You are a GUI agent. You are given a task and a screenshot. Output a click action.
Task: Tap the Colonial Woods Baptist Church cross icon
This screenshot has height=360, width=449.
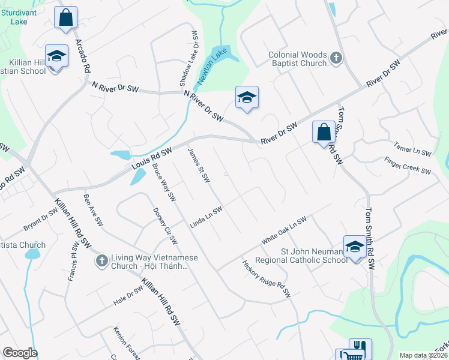pos(336,58)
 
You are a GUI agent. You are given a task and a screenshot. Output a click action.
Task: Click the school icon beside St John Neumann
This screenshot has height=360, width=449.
pos(355,247)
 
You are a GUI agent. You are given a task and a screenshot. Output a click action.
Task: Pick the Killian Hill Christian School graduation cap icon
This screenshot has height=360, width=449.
pos(56,56)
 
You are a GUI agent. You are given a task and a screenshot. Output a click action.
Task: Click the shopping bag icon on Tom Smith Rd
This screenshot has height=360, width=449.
pos(324,131)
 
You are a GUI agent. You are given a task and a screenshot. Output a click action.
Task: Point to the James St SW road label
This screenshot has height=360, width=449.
pos(199,166)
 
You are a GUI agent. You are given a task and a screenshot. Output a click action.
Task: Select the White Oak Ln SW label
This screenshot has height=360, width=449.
pos(284,230)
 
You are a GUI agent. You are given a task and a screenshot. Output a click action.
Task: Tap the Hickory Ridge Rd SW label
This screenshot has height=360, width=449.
pos(267,278)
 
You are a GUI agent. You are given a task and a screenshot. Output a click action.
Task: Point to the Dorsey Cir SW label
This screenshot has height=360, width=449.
pos(165,226)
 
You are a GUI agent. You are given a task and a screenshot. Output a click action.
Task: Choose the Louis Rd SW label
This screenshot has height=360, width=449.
pos(152,157)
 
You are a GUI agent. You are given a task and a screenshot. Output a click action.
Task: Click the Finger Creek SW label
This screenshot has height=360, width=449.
pos(408,166)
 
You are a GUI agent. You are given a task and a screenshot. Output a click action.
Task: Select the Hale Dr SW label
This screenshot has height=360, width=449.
pos(128,296)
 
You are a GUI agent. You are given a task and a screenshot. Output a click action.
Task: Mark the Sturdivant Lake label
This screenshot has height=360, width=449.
pos(19,16)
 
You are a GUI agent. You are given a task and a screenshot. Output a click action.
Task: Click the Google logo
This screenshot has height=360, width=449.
pos(20,353)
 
